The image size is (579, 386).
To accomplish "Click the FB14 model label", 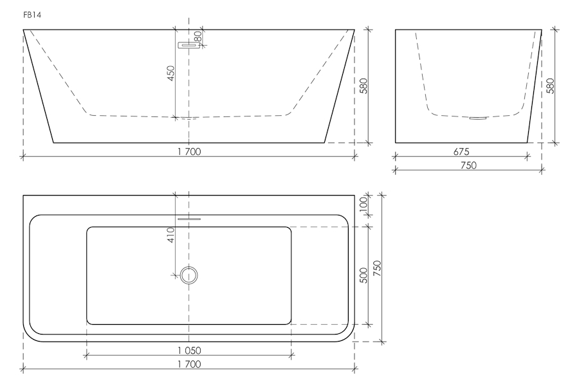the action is point(32,15).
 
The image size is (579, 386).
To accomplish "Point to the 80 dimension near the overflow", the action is point(198,36).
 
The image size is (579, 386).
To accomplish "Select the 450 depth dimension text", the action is point(170,73).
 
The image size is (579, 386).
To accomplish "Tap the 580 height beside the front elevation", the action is point(363,86).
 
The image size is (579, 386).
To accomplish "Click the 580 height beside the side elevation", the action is point(550,86).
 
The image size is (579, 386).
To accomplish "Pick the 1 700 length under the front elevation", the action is point(189,151).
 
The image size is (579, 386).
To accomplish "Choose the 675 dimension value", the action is point(461,151).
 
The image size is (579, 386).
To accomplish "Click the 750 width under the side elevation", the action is point(468,165).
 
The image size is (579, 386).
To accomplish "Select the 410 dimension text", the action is point(170,235).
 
